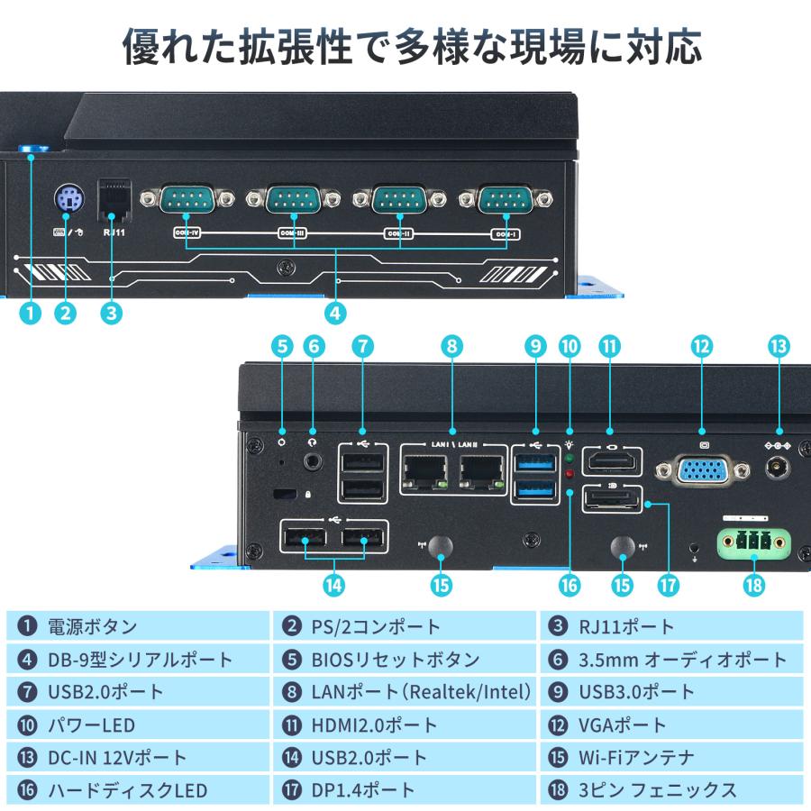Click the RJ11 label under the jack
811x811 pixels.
(114, 232)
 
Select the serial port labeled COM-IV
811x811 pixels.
(187, 198)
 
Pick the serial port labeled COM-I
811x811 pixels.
(505, 198)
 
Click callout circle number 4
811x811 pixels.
(335, 314)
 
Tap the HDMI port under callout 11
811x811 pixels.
(613, 463)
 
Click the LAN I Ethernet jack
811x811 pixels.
(426, 471)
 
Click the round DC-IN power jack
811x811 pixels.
(777, 469)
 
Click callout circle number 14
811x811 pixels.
(334, 584)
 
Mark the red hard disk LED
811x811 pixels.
(569, 473)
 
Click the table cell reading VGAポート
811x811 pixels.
(671, 724)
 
